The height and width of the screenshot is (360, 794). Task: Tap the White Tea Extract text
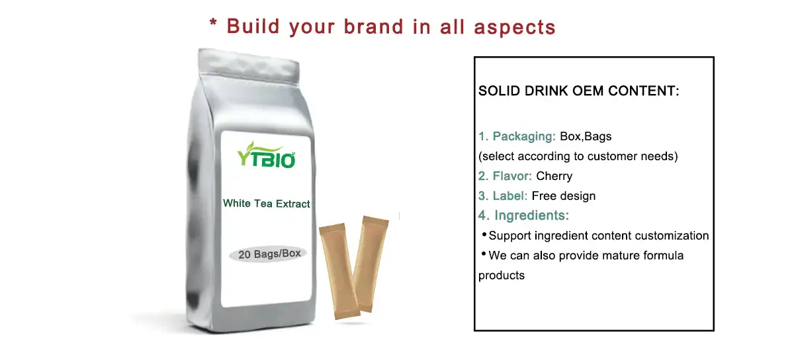266,204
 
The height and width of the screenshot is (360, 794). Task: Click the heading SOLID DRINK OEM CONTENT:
578,91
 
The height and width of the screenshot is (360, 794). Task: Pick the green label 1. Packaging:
517,137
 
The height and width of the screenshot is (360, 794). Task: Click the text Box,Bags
586,137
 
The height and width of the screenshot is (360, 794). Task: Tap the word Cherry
554,176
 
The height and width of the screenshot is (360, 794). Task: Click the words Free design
563,196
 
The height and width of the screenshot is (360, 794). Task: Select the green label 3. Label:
502,196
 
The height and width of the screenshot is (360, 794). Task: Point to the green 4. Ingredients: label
523,216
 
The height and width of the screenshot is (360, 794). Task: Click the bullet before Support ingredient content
484,235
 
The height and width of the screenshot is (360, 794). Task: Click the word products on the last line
501,275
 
